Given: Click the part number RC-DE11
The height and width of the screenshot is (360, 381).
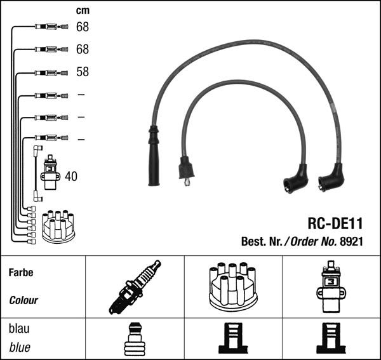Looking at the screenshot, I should pos(334,223).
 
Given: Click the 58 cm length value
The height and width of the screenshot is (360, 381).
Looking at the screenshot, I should pos(83,72).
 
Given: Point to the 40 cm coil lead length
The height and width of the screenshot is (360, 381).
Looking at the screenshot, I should pos(70,177).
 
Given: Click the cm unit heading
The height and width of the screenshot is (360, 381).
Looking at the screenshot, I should pos(82,10).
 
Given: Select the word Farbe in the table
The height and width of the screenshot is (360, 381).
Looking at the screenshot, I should pos(21,272).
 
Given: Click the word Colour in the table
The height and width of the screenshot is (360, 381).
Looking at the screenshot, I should pos(23,300).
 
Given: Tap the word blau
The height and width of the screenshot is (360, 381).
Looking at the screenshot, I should pos(20,329).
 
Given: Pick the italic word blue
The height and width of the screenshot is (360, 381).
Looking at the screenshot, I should pos(20,348).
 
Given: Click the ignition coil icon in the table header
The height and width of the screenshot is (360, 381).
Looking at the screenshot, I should pos(330,287).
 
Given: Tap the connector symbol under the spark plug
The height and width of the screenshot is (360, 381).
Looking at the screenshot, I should pos(134,339).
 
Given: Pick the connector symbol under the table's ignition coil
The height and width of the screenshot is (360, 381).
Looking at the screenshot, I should pos(330,339).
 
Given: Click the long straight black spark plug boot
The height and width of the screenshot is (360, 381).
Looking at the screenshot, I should pos(154,156).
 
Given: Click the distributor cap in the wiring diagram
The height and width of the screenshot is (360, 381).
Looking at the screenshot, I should pos(58,227).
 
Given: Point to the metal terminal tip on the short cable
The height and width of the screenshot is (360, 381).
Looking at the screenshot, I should pos(187,183).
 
